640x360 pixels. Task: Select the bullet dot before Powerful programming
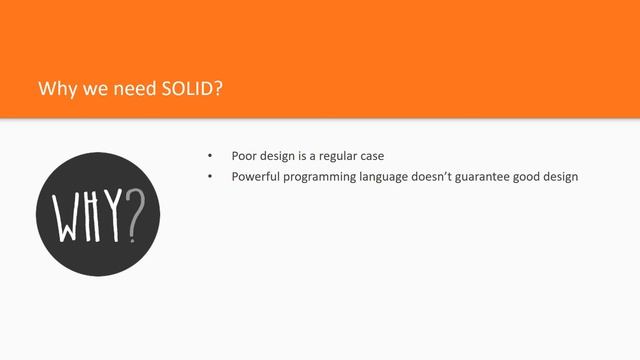(210, 177)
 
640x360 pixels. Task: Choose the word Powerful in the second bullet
(255, 177)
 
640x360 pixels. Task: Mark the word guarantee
(500, 178)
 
